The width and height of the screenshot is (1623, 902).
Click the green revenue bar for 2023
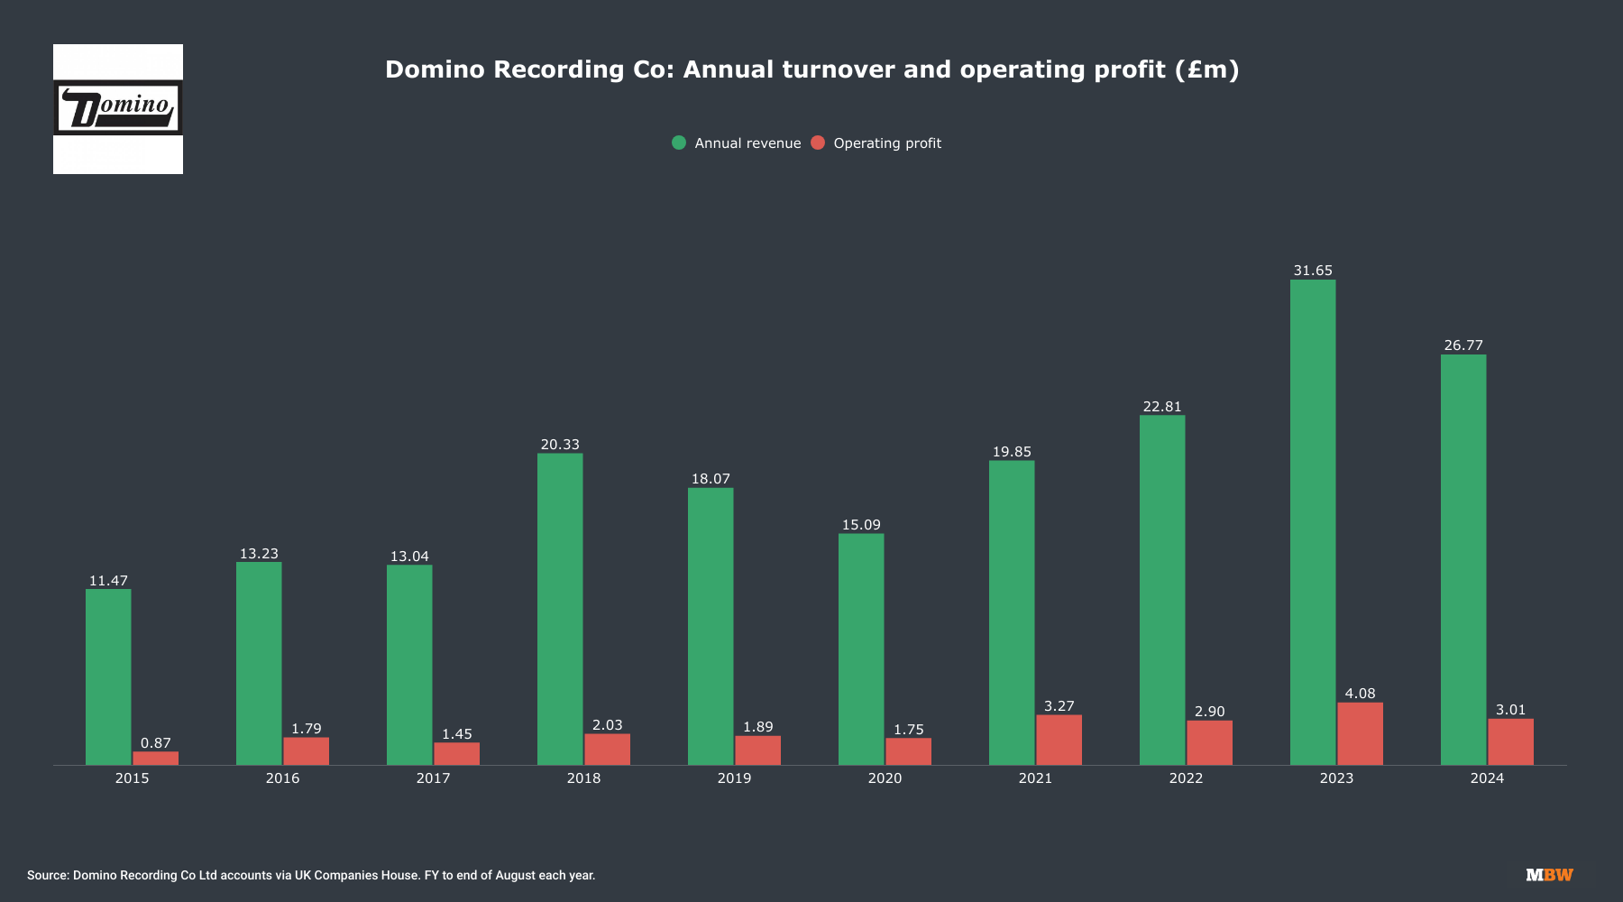(x=1313, y=522)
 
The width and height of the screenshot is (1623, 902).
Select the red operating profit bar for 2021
(x=1059, y=740)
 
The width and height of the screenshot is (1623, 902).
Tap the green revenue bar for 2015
(x=108, y=676)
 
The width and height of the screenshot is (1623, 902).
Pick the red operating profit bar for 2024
(x=1510, y=741)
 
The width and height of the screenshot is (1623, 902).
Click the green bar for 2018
(x=560, y=609)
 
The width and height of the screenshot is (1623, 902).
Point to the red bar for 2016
(x=306, y=751)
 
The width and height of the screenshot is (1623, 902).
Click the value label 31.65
(x=1313, y=271)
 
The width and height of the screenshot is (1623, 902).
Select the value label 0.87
(x=155, y=743)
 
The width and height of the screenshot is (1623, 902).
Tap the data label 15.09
(x=861, y=525)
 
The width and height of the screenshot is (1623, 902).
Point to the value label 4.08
(x=1360, y=694)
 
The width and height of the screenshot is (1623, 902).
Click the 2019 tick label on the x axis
(x=734, y=778)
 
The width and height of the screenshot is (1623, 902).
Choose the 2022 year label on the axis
(x=1186, y=778)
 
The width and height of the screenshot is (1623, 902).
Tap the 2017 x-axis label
(x=433, y=778)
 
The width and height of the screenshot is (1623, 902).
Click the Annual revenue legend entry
(x=747, y=143)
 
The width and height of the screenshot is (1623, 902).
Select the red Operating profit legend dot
(x=818, y=143)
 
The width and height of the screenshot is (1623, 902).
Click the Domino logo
(x=118, y=109)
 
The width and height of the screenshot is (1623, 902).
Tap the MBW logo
(x=1549, y=875)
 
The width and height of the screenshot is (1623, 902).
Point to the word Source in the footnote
(x=47, y=875)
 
